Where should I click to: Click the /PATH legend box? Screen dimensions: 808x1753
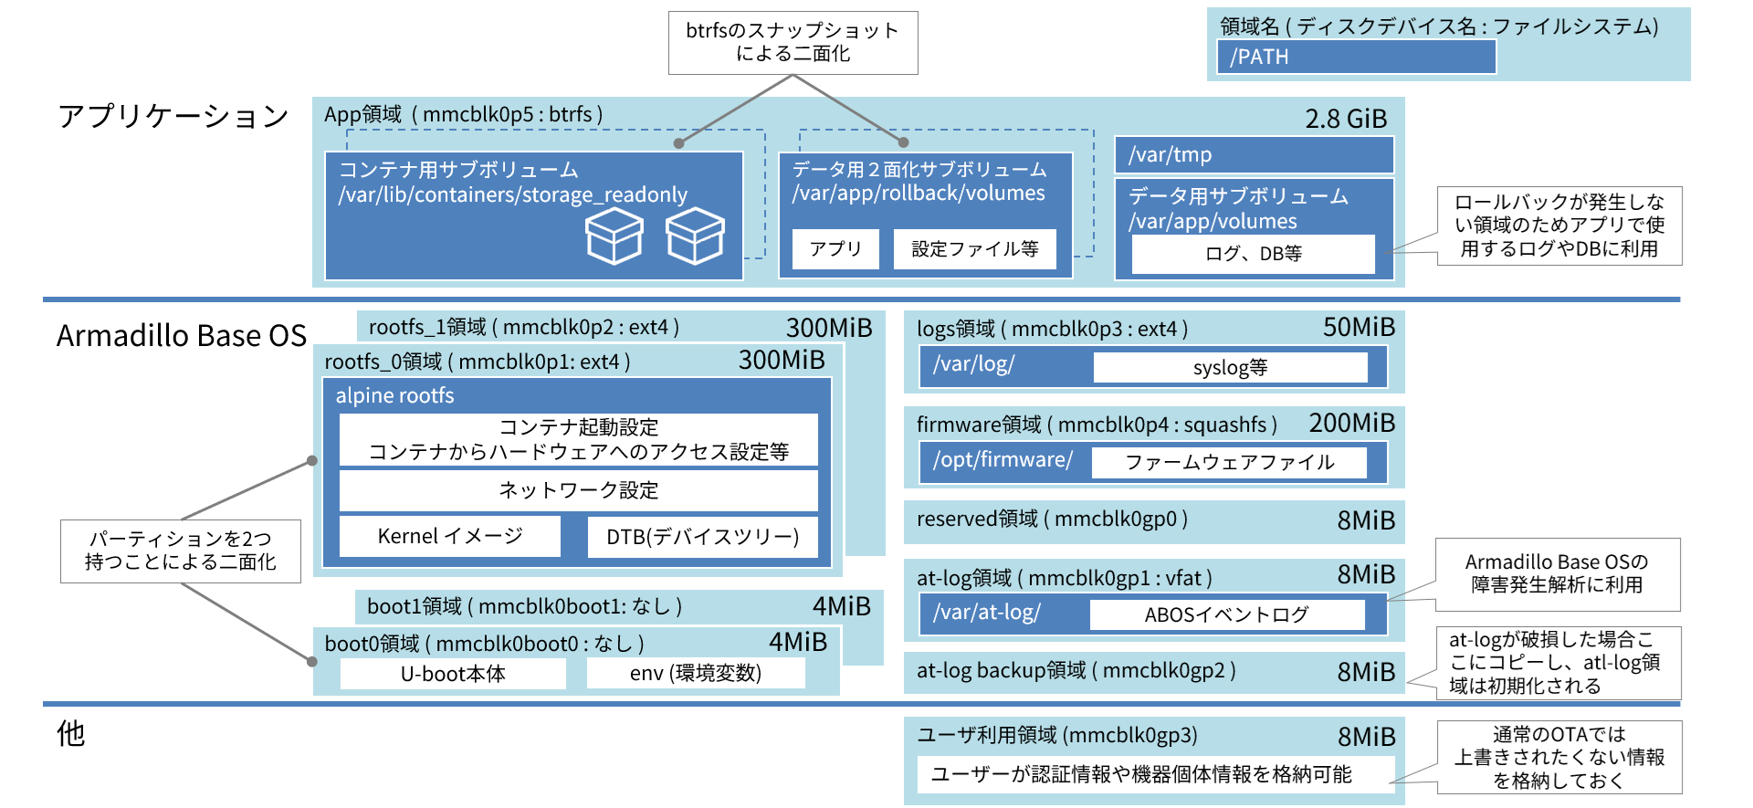[1356, 57]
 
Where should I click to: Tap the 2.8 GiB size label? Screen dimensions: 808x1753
[1346, 119]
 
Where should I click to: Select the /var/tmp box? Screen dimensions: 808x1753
[1254, 154]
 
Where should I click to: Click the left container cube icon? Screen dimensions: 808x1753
[614, 236]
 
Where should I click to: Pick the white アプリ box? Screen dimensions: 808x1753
[835, 249]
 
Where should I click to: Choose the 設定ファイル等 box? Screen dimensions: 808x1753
[974, 249]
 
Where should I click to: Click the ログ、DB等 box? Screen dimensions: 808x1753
[1253, 254]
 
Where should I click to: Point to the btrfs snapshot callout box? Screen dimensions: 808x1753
[793, 43]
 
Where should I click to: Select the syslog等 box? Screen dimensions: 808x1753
[1230, 368]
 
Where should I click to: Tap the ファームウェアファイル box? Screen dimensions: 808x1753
[1229, 463]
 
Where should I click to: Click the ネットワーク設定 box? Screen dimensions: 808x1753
[578, 490]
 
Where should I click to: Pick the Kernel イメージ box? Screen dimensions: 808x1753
[450, 536]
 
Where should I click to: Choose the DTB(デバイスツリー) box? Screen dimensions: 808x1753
[702, 537]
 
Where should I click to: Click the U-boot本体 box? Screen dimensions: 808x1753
[453, 674]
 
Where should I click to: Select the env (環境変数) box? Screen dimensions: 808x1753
[695, 674]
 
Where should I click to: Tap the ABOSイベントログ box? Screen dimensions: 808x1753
[1226, 615]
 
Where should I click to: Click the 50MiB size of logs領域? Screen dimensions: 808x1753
[1359, 328]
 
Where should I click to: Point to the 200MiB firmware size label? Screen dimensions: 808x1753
[1352, 424]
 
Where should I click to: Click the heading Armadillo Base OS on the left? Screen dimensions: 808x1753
[182, 336]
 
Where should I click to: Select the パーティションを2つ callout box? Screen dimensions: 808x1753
[181, 551]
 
